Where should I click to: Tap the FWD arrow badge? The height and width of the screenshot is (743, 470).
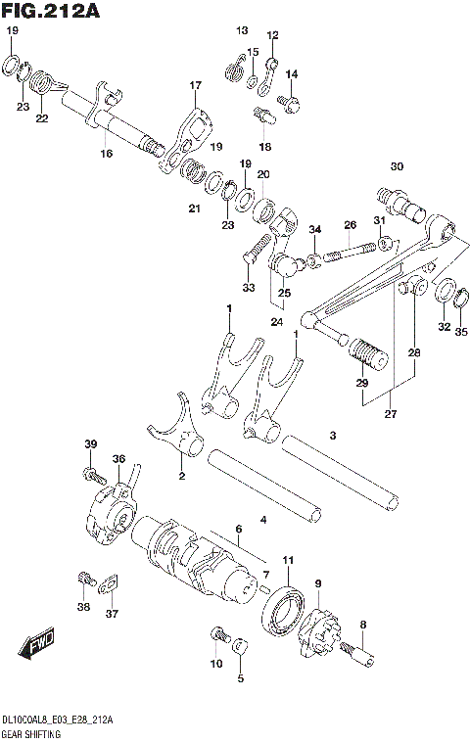point(37,645)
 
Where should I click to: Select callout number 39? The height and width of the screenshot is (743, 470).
point(90,445)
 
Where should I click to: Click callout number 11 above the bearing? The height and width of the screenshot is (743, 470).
point(288,559)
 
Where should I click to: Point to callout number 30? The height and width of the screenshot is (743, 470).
point(396,165)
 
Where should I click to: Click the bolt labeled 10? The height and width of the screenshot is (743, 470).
point(217,640)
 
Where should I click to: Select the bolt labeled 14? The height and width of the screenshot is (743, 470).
point(290,100)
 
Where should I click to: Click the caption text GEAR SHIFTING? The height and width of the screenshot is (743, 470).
point(32,732)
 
